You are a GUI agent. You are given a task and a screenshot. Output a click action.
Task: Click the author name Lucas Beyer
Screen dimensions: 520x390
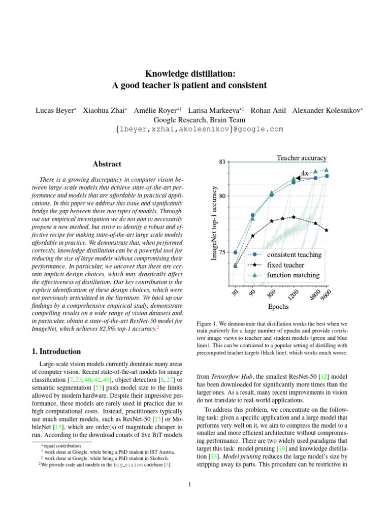[x=55, y=110]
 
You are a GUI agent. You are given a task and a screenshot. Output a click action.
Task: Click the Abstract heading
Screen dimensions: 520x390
[x=107, y=164]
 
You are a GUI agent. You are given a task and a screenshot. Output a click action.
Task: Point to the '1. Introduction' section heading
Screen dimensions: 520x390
[x=53, y=351]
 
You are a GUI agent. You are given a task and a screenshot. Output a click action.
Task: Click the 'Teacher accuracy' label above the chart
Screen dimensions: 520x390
[x=301, y=158]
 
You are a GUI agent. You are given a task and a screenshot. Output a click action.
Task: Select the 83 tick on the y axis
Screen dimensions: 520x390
[x=222, y=162]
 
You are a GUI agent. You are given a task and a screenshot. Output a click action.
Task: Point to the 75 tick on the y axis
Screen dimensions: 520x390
[x=222, y=252]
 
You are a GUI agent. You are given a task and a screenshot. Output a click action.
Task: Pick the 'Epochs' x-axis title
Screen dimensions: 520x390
[x=278, y=307]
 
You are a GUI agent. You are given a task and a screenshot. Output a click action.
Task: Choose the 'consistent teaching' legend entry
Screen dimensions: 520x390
[x=294, y=254]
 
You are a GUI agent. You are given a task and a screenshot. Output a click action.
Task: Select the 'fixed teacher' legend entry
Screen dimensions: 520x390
[x=285, y=265]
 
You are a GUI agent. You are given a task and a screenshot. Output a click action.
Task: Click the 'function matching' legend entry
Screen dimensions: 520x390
[x=293, y=275]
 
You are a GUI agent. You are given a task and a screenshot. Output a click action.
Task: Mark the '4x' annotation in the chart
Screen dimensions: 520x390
[x=305, y=173]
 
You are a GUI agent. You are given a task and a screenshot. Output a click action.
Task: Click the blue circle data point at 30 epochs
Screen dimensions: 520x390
[x=235, y=252]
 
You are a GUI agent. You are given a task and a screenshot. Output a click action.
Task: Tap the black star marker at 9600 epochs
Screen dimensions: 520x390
[x=327, y=230]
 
